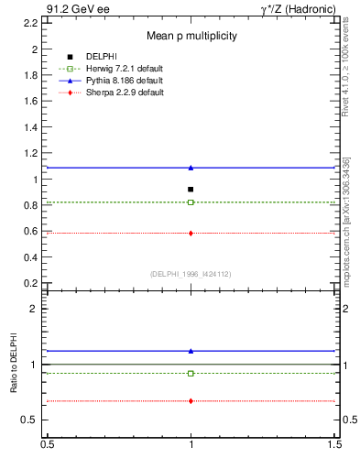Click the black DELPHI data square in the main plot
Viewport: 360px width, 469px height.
click(x=191, y=189)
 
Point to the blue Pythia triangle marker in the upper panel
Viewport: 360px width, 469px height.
click(x=191, y=168)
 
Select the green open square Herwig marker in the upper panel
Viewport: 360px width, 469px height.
click(x=191, y=202)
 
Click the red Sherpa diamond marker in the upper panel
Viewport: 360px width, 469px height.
click(x=191, y=233)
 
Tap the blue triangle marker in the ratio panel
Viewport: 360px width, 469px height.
click(x=191, y=351)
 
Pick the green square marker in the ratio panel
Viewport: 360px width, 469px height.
click(x=191, y=373)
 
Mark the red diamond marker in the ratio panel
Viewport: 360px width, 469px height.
click(x=191, y=400)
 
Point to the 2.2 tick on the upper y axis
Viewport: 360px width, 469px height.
click(x=32, y=22)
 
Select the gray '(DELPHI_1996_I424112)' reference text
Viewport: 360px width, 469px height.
click(x=191, y=273)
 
